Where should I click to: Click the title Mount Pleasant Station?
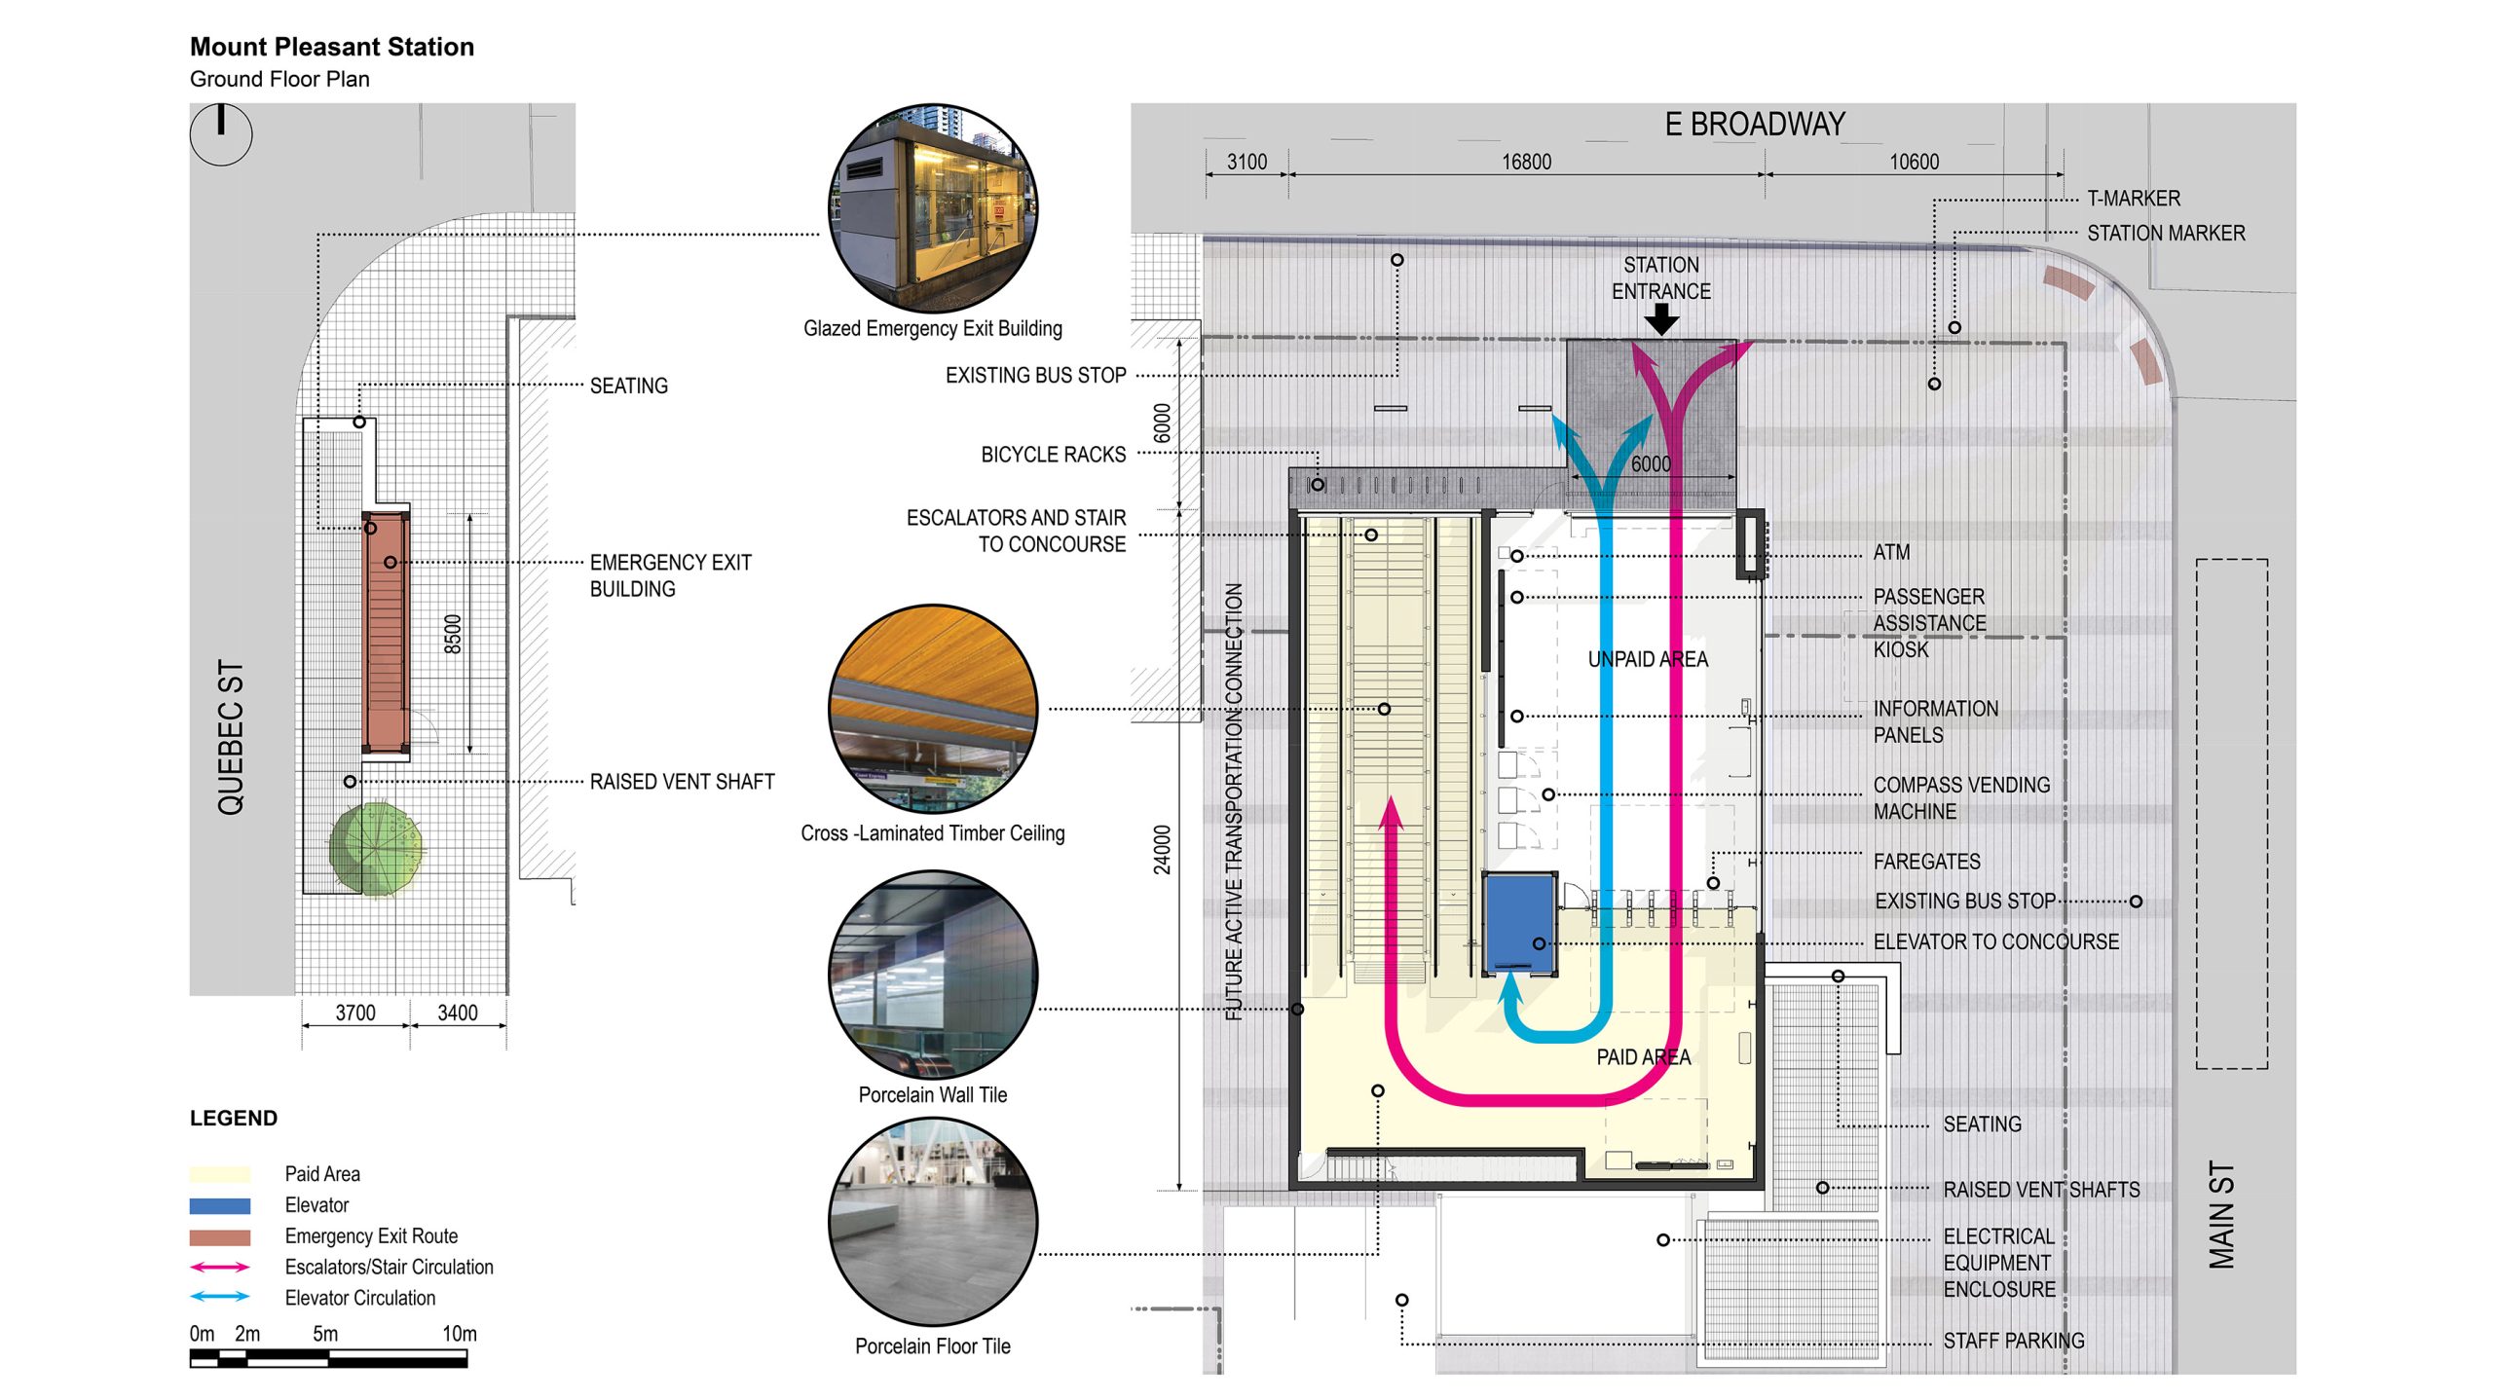331,47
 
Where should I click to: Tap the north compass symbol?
221,134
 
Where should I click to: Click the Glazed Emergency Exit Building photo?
933,208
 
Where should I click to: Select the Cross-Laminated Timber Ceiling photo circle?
933,709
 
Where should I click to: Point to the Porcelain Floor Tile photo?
933,1221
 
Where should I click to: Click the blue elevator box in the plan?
1518,923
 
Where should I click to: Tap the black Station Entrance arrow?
1660,319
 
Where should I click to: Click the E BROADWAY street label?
1754,125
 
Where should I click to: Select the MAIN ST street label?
2221,1214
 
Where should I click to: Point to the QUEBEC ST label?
231,736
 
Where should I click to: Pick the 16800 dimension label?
1526,162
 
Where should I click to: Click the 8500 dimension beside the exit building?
453,634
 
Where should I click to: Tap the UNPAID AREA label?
1648,659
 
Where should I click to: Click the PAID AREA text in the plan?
1643,1056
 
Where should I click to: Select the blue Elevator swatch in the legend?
220,1205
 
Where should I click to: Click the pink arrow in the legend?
220,1267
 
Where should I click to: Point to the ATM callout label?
1891,552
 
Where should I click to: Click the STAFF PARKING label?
2013,1341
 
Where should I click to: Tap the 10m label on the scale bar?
459,1334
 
